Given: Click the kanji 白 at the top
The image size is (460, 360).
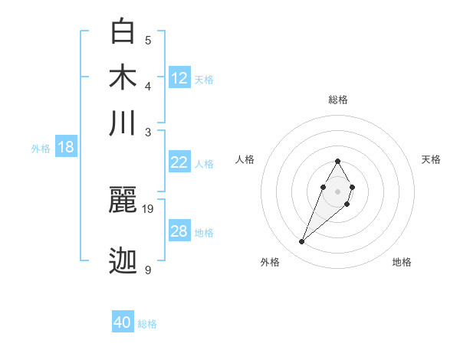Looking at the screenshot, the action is click(123, 31).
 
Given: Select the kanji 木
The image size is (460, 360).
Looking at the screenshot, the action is click(123, 77).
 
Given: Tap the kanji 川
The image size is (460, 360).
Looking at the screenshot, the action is click(123, 123).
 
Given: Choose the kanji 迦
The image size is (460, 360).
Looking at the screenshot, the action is click(123, 260).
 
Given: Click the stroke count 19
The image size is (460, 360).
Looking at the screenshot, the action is click(149, 208).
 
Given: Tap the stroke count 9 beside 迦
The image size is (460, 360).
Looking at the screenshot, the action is click(148, 270).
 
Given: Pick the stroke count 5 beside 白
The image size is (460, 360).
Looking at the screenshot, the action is click(148, 41).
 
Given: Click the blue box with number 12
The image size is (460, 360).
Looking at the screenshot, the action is click(179, 77).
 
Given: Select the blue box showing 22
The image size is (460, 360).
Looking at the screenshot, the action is click(179, 162).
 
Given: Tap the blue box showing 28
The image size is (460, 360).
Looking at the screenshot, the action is click(179, 231).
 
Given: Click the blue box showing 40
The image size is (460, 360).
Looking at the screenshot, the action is click(123, 322).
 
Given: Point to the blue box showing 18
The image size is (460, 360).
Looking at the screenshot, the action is click(66, 147).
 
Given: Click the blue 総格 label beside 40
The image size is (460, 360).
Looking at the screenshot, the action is click(147, 324).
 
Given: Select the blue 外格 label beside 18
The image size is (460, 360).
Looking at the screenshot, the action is click(41, 149).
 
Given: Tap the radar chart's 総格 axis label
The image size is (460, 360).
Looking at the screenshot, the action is click(337, 100).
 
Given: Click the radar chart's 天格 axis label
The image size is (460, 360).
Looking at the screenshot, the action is click(432, 159).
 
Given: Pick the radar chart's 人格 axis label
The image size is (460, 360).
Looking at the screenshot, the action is click(245, 159).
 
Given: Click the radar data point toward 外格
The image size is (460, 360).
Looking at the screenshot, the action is click(302, 242).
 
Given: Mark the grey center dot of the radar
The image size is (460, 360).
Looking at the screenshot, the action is click(337, 190).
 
